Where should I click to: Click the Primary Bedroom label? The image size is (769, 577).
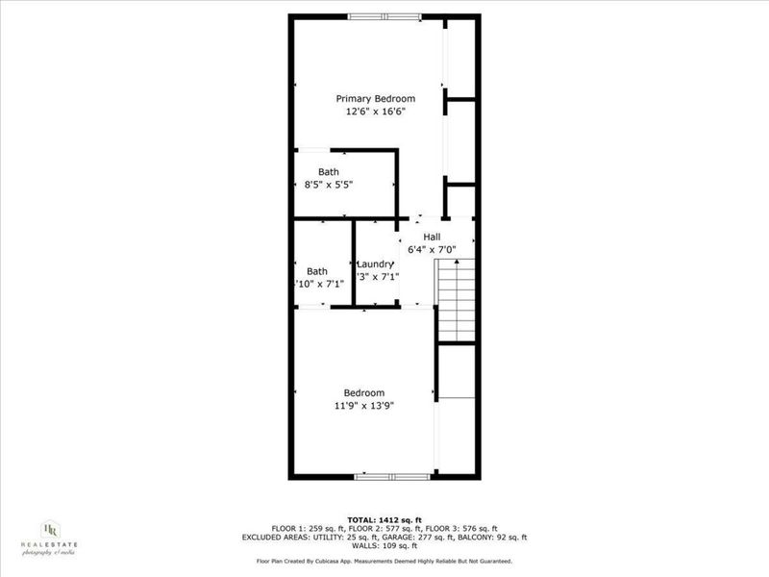375,98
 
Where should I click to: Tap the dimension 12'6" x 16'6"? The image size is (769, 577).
375,112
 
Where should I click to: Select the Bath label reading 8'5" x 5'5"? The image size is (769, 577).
329,172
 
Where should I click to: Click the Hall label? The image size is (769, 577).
432,237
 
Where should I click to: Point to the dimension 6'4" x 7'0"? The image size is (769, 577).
432,249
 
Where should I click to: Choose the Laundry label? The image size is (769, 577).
375,264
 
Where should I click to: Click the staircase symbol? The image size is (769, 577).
457,299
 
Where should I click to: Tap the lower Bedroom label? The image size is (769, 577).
364,392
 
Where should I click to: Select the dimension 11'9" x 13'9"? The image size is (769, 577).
364,405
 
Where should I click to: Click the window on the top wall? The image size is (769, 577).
384,16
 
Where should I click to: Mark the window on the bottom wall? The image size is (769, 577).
391,476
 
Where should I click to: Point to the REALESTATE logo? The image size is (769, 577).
50,539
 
